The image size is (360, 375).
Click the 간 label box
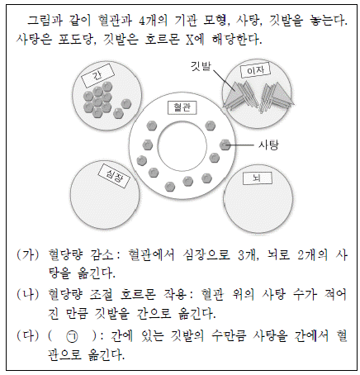tap(97, 75)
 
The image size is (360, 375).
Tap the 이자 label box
tap(255, 70)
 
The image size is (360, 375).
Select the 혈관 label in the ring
tap(182, 107)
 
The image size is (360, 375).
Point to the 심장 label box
tap(114, 176)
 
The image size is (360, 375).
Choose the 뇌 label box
tap(258, 178)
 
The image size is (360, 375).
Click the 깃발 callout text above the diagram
tap(201, 66)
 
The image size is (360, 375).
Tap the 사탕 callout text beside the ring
tap(268, 145)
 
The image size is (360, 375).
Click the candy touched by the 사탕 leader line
tap(225, 145)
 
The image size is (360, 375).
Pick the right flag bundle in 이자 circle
tap(277, 97)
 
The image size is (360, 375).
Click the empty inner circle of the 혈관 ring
tap(182, 146)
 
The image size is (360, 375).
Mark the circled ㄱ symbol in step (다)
tap(72, 337)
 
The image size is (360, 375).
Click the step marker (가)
tap(27, 254)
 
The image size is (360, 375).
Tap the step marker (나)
tap(27, 295)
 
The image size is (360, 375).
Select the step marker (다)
tap(27, 336)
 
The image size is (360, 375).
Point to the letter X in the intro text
tap(190, 40)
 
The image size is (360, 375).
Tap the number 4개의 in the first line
tap(153, 21)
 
